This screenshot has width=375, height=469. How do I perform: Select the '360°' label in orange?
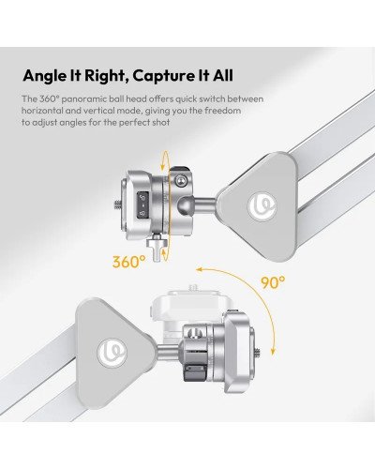point(128,262)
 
